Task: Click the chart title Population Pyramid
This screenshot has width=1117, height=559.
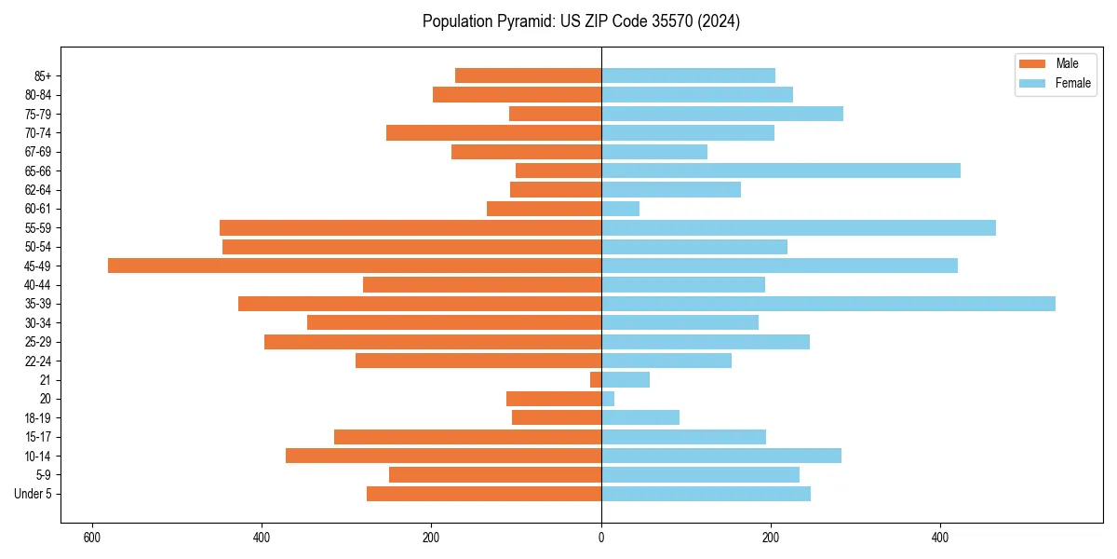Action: coord(581,21)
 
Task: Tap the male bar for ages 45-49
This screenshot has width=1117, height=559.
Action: coord(355,266)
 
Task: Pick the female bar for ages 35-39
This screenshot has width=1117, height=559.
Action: coord(828,304)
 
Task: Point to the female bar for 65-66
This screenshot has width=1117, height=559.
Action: coord(781,170)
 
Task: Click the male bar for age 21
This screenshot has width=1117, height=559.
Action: coord(596,379)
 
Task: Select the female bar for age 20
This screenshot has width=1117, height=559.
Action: coord(608,399)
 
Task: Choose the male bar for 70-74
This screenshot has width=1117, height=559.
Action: coord(493,132)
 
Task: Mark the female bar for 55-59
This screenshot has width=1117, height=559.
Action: coord(799,227)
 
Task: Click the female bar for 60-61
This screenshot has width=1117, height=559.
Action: coord(621,209)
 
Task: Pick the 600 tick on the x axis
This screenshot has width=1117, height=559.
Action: coord(91,538)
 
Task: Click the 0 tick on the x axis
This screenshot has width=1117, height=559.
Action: coord(601,538)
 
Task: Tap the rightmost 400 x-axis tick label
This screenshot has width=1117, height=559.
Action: coord(940,538)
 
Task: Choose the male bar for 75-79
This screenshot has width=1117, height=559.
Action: coord(555,114)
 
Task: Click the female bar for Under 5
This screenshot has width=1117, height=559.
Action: coord(706,494)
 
